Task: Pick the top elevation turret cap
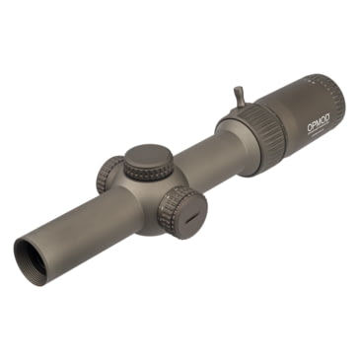(148, 157)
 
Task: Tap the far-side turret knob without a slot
(109, 177)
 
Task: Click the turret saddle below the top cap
(150, 192)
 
